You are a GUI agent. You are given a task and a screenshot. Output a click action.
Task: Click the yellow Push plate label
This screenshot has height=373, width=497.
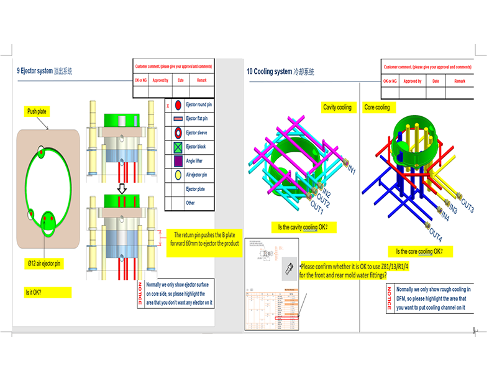coord(37,111)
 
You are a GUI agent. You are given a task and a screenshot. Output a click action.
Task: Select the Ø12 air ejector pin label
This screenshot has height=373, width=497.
coord(45,264)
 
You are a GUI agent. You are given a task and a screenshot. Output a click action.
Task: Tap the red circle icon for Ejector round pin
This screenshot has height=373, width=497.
coord(177,105)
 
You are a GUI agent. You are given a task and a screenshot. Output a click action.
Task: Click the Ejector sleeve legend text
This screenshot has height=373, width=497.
coord(199,133)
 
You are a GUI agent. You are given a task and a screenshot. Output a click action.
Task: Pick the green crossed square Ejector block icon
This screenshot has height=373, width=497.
coord(177,147)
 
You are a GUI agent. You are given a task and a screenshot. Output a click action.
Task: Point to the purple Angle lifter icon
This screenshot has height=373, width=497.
coord(177,161)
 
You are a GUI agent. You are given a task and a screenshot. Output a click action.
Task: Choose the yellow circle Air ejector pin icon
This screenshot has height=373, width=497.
coord(177,175)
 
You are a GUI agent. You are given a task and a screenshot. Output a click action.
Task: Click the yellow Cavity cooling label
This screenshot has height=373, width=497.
coord(337,108)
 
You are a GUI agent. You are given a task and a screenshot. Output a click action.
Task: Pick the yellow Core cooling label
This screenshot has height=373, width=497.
coord(377,108)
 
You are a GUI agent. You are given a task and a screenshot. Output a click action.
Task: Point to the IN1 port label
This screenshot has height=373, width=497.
coord(351,169)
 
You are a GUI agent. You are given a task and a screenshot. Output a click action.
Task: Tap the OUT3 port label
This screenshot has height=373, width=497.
coord(467,208)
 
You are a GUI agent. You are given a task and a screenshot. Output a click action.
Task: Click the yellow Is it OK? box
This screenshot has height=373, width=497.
coord(34,292)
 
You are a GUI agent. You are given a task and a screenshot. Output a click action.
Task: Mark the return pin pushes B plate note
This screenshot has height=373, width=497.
coord(206,239)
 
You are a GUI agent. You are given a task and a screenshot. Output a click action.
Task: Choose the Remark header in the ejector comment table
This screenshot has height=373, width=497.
coord(202,80)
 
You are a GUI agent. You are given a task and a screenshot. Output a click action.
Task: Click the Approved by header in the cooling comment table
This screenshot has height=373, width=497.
coord(412,81)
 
